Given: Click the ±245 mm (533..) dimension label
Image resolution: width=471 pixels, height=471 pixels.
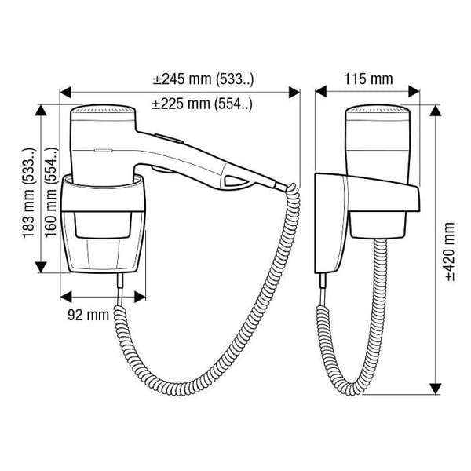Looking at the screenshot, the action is click(x=203, y=79).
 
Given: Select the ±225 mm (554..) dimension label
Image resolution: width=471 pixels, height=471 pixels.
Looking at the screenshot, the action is click(x=203, y=104).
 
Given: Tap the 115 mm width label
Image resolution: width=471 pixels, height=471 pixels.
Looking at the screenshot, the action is click(x=368, y=79).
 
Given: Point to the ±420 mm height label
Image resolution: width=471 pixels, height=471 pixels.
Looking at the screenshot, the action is click(x=450, y=252).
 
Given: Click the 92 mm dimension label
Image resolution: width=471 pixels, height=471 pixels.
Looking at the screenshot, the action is click(x=88, y=315).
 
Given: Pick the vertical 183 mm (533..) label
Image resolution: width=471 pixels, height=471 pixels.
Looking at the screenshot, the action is click(x=29, y=193).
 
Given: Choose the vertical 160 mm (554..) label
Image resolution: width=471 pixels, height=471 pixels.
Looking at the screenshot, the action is click(x=51, y=193).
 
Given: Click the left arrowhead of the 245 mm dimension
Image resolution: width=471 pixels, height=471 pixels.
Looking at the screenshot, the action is click(x=66, y=92).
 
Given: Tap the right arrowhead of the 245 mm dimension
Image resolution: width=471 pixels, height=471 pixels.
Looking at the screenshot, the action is click(x=294, y=92).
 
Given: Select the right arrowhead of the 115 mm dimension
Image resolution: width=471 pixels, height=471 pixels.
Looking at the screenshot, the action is click(x=414, y=91).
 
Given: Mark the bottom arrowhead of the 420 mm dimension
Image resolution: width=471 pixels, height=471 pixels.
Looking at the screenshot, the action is click(x=435, y=389).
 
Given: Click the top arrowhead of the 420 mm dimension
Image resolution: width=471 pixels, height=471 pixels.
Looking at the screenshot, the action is click(x=435, y=111).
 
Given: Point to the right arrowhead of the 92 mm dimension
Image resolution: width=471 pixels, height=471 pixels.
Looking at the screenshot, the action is click(x=140, y=297).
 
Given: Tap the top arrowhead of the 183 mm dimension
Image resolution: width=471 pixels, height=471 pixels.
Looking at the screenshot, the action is click(x=41, y=110).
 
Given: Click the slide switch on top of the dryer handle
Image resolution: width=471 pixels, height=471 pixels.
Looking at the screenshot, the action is click(x=169, y=138).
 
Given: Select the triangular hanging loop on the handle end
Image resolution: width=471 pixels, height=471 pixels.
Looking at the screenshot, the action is click(x=235, y=181).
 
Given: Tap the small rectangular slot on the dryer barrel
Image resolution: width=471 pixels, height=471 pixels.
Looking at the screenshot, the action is click(x=104, y=150).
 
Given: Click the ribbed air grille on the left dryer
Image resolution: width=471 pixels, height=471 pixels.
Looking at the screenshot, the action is click(x=103, y=109).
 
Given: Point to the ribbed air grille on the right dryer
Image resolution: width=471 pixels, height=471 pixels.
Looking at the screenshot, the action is click(x=378, y=109).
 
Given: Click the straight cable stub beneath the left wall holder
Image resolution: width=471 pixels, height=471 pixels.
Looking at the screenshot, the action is click(x=120, y=288).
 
